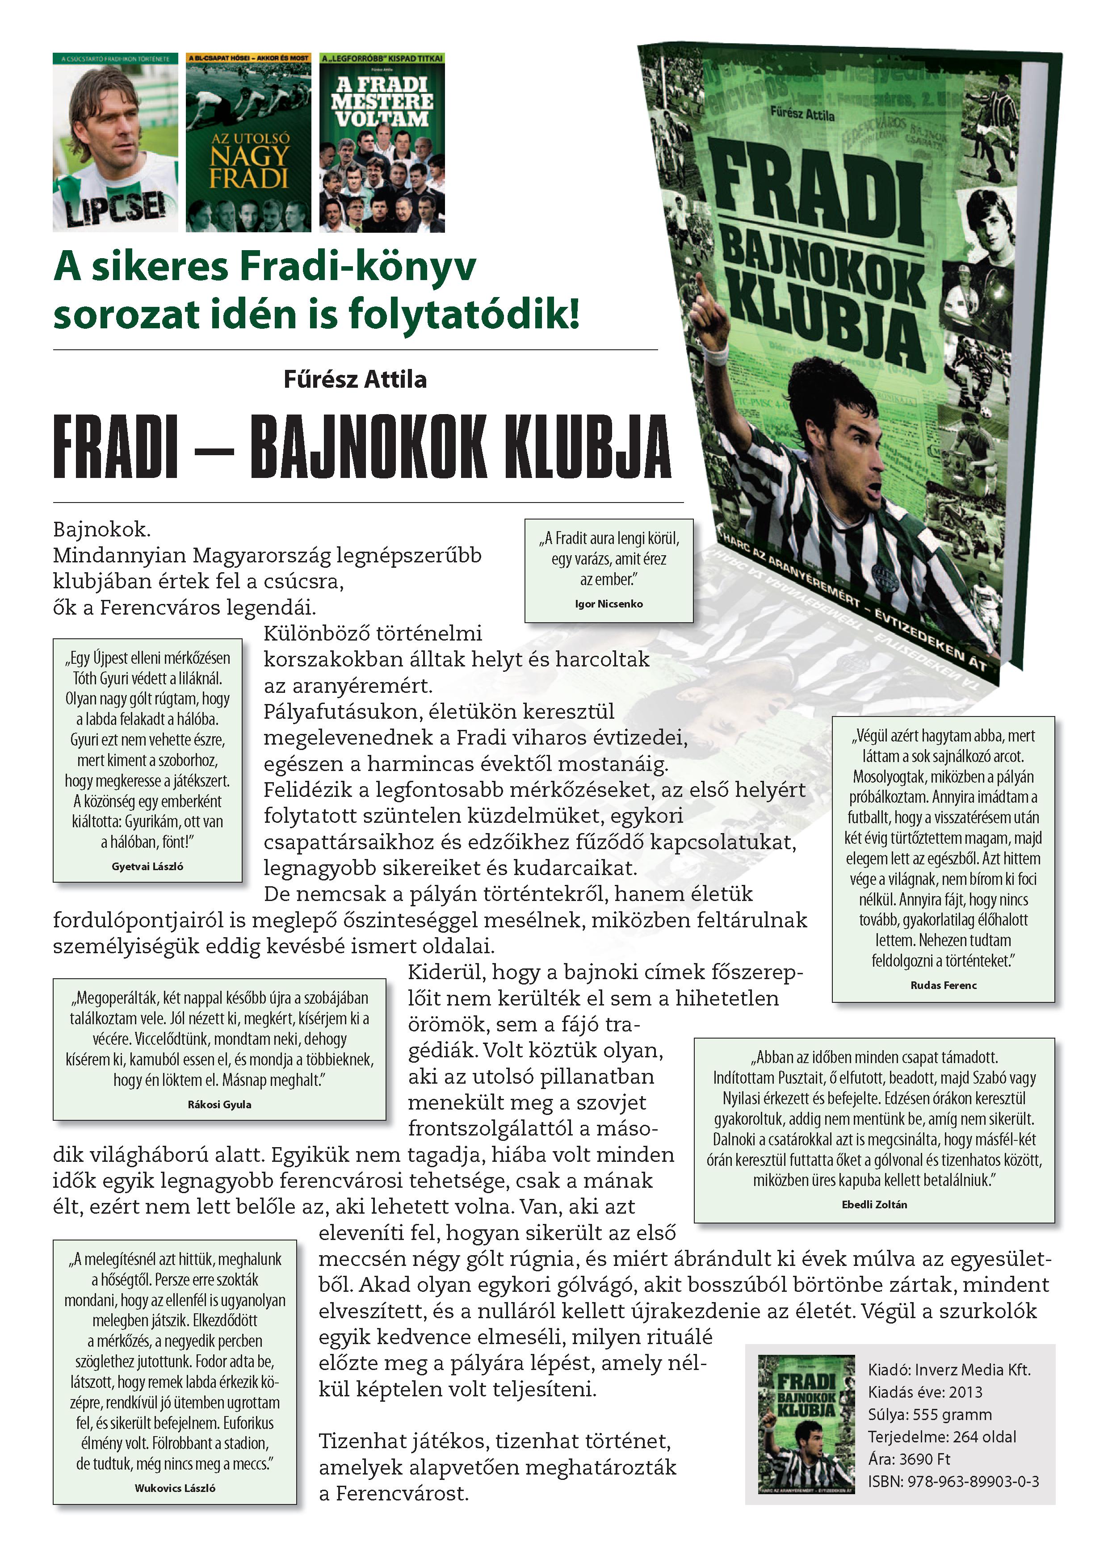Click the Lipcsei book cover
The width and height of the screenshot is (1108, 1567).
(x=115, y=142)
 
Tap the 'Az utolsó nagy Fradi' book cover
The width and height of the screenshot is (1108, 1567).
(x=248, y=142)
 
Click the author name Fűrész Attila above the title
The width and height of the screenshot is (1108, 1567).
(x=355, y=379)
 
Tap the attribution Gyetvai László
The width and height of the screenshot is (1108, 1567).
(x=147, y=866)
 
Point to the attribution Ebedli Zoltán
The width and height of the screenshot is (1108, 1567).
(x=874, y=1205)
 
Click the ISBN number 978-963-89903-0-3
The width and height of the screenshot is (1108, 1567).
(x=953, y=1481)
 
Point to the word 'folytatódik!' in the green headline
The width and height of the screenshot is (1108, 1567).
(x=464, y=314)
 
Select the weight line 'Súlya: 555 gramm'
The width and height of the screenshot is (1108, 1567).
(x=929, y=1414)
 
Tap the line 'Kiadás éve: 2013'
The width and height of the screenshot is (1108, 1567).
(x=924, y=1392)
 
